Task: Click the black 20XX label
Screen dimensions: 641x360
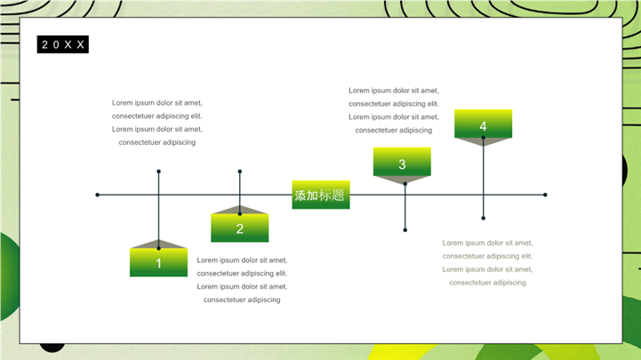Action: [x=62, y=44]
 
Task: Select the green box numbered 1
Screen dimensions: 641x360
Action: [x=158, y=262]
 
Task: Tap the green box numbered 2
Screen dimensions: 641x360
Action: [x=239, y=228]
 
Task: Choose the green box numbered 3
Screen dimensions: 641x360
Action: [x=402, y=162]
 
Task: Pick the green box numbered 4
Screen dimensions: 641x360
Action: [x=484, y=124]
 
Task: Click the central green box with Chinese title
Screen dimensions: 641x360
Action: [x=321, y=195]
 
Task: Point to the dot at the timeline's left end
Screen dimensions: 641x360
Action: [x=97, y=195]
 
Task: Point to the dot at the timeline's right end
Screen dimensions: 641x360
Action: [x=545, y=195]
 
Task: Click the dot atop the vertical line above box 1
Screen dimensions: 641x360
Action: [x=158, y=172]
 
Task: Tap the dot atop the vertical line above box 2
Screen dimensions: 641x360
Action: [x=239, y=172]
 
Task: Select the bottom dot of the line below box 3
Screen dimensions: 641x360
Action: [x=405, y=230]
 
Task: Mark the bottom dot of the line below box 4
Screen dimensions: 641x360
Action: [x=484, y=218]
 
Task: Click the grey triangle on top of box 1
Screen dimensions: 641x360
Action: [x=158, y=244]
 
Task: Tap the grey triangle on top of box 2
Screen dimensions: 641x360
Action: [x=239, y=210]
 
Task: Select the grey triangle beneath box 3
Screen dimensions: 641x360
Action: [x=402, y=180]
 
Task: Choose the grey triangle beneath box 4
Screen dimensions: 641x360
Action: [x=484, y=142]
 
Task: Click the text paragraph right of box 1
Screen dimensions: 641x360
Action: [x=242, y=280]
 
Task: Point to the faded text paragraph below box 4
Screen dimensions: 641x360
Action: [x=487, y=263]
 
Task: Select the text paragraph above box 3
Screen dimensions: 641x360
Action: [x=394, y=110]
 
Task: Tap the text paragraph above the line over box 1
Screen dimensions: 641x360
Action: [x=157, y=123]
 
